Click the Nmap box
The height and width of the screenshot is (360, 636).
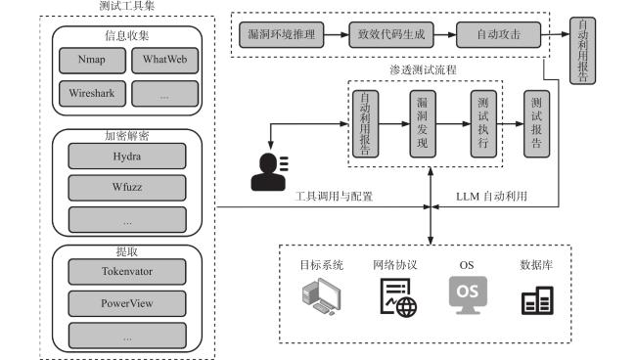tap(93, 61)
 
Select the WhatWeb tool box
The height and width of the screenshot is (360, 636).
tap(165, 61)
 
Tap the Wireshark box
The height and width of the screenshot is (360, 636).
tap(93, 94)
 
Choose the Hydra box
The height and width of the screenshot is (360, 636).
tap(127, 157)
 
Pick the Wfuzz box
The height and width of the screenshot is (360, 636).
tap(127, 188)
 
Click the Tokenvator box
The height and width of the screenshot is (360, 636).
tap(127, 272)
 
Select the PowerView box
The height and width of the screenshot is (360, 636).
tap(127, 303)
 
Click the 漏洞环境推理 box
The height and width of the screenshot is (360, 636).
tap(282, 35)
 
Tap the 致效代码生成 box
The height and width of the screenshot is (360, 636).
tap(391, 35)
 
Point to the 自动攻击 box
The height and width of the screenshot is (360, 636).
tap(498, 35)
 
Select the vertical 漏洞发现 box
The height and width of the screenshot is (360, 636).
tap(423, 123)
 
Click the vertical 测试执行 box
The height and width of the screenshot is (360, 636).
tap(483, 123)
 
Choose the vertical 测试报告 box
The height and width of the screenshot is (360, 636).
tap(536, 123)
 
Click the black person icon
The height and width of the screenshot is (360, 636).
tap(269, 172)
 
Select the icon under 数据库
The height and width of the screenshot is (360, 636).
tap(537, 300)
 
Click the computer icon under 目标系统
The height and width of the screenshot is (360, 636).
tap(322, 296)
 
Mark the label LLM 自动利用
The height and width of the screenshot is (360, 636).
tap(491, 197)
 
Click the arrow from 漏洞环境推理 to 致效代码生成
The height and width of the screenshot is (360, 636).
tap(337, 35)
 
